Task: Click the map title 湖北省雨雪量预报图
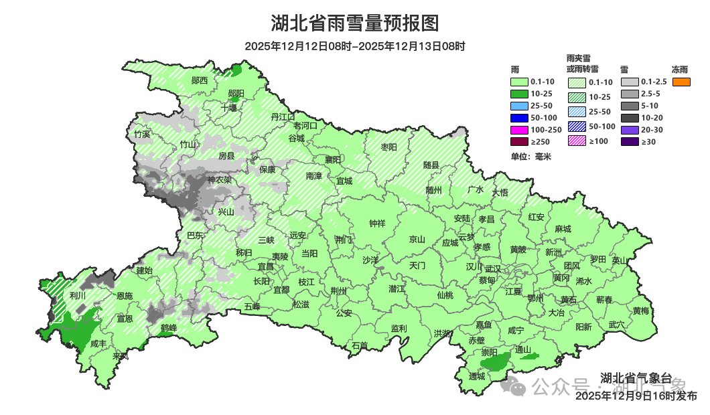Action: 354,23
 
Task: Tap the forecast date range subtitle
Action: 354,46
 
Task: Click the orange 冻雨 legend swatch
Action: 681,82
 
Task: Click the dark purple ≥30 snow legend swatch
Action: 630,142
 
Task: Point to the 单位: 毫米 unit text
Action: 530,157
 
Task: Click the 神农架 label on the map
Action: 219,180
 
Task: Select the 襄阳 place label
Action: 333,159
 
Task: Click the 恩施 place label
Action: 125,295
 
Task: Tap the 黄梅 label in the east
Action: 640,311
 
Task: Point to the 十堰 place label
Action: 229,107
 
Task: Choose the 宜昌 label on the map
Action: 266,266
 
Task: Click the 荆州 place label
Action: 339,290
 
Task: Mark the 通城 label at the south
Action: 477,376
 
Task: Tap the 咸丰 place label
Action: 98,343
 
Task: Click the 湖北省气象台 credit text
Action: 636,378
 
